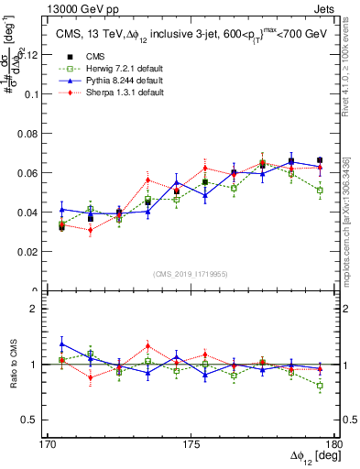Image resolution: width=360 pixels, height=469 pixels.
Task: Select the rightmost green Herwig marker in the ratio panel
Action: tap(320, 386)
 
